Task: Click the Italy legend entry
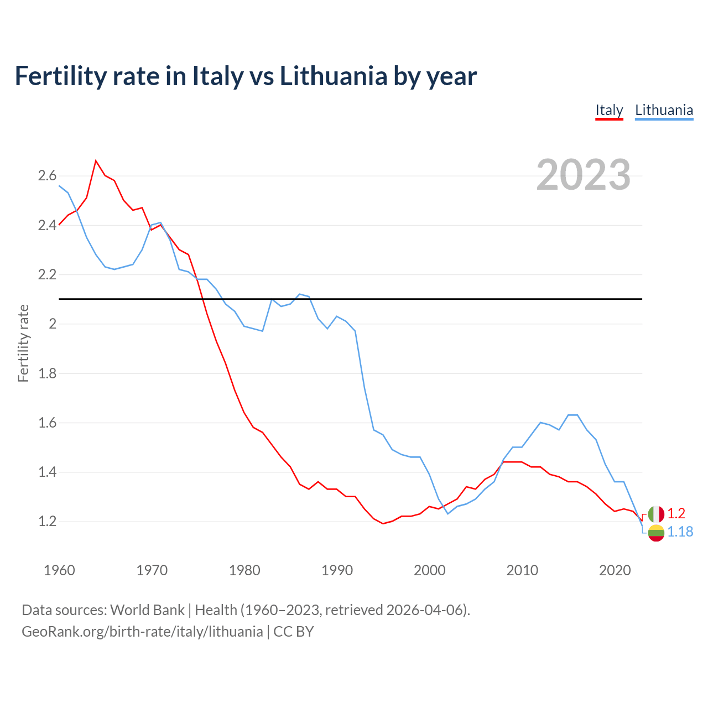click(x=609, y=110)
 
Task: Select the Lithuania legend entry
click(x=664, y=110)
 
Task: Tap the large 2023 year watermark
click(x=584, y=175)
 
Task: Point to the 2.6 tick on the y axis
click(x=47, y=176)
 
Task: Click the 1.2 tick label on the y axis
click(x=47, y=522)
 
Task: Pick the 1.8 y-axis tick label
click(x=47, y=373)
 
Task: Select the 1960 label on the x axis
click(x=59, y=570)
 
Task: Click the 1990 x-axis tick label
click(x=337, y=570)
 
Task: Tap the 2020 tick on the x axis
click(x=615, y=570)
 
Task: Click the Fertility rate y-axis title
click(x=23, y=343)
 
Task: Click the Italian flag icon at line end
click(x=656, y=514)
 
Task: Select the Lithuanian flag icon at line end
click(x=656, y=533)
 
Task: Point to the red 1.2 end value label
click(x=676, y=514)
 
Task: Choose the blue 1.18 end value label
click(x=680, y=532)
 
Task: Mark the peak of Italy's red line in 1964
click(x=96, y=160)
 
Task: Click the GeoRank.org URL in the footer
click(x=142, y=632)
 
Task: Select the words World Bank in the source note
click(x=147, y=610)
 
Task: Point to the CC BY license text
click(x=294, y=632)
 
